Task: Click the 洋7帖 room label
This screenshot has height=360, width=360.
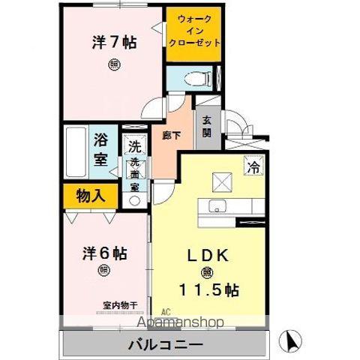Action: [114, 43]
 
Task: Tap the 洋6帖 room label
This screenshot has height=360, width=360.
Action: [102, 253]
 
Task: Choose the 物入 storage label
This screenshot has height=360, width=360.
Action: [90, 196]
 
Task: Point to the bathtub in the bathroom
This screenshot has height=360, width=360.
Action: [76, 152]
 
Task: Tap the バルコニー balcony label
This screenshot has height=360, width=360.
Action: [165, 346]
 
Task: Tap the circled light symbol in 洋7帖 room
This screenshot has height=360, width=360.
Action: [113, 64]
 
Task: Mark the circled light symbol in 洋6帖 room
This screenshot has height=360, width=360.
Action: [102, 271]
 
